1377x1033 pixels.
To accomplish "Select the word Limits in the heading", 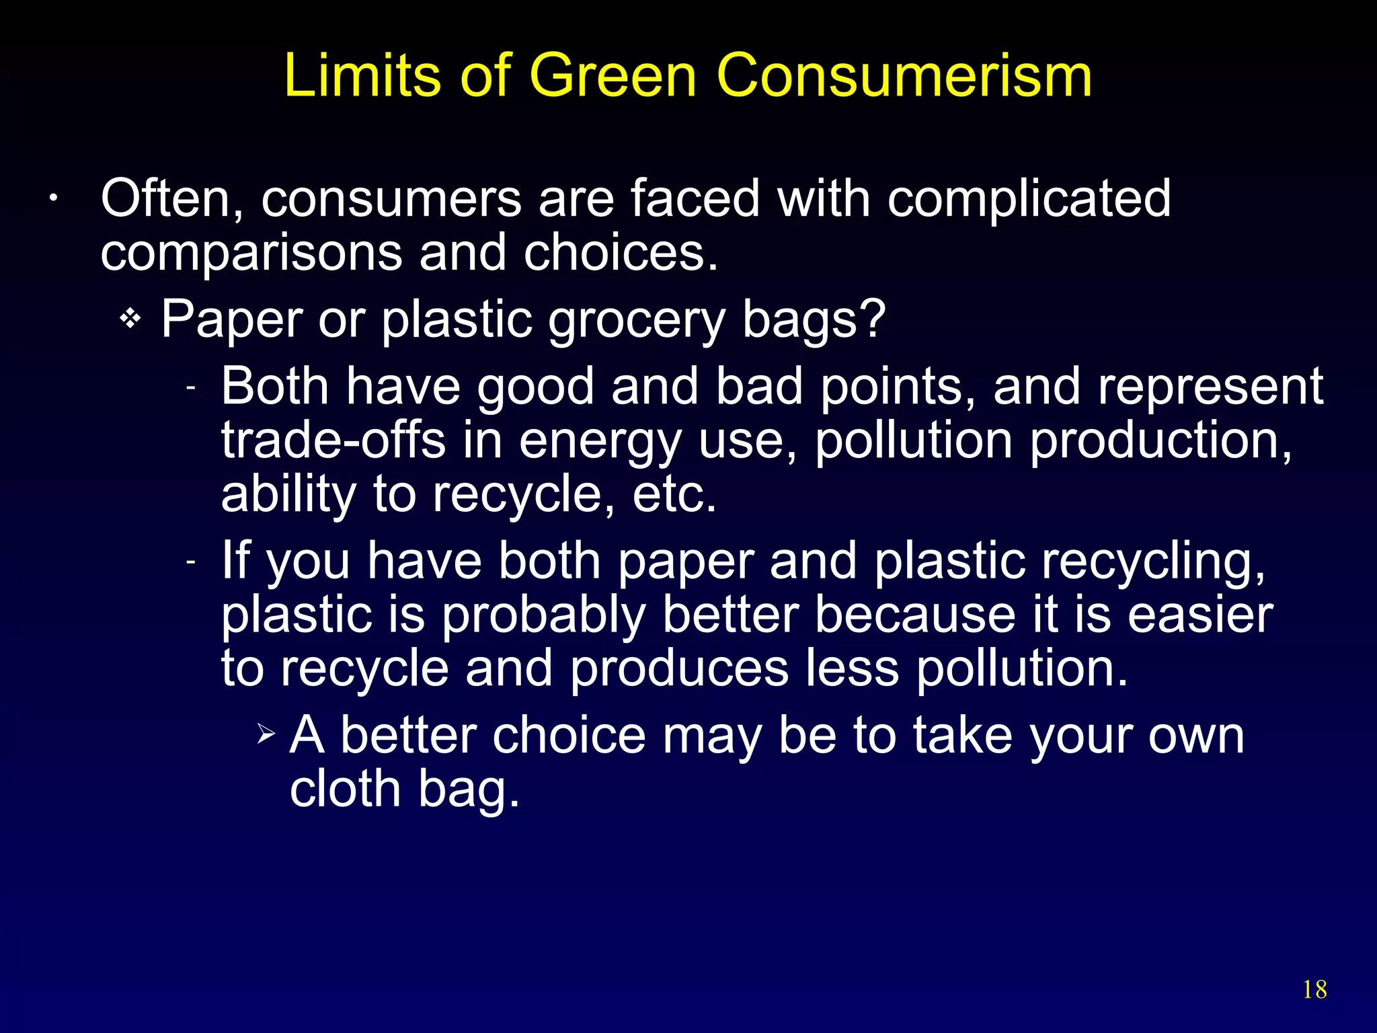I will [362, 75].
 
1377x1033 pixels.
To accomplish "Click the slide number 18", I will [1314, 990].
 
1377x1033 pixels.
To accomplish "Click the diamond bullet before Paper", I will [130, 319].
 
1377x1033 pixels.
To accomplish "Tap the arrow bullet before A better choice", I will [266, 733].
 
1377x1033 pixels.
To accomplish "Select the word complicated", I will [1029, 200].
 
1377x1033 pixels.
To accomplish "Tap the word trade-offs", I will [333, 441].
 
